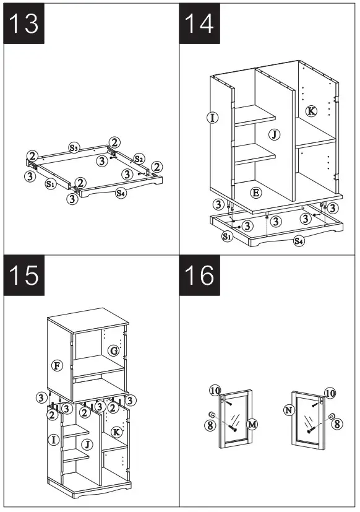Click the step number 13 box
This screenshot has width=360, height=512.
(x=24, y=24)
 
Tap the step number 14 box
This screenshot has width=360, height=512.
(x=199, y=24)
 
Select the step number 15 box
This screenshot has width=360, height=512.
(x=24, y=276)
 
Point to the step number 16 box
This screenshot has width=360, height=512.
(x=199, y=276)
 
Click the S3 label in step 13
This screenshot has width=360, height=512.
(x=74, y=147)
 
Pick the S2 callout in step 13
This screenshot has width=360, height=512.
(x=139, y=159)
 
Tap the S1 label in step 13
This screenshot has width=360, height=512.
(x=50, y=184)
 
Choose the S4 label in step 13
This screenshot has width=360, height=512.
(x=121, y=193)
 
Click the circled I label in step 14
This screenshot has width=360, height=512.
(x=213, y=118)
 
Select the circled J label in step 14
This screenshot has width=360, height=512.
(x=275, y=134)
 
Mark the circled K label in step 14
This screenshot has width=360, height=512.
(x=311, y=111)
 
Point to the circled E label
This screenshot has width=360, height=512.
(x=256, y=193)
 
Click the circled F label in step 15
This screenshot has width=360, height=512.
(x=57, y=365)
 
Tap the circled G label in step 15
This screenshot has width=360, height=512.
(x=114, y=351)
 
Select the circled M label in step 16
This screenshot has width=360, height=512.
(x=252, y=424)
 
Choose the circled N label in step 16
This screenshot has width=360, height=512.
(x=289, y=410)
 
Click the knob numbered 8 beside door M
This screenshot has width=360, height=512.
(x=212, y=415)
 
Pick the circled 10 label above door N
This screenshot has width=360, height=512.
(x=330, y=393)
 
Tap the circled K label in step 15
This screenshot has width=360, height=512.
(x=116, y=432)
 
